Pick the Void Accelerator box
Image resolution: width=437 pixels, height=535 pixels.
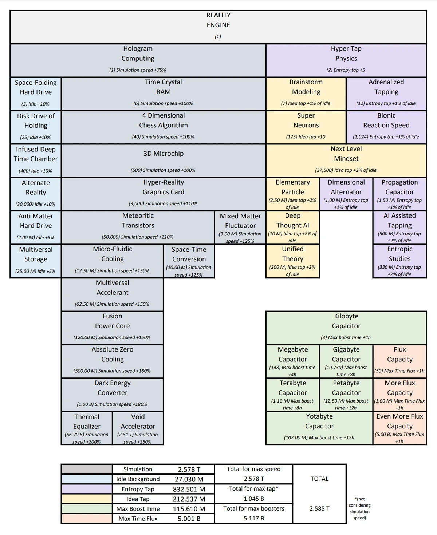click(138, 428)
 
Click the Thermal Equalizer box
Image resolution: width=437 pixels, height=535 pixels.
click(87, 428)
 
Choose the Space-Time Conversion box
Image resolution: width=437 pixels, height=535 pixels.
click(189, 261)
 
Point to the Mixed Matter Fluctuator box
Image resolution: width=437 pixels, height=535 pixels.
click(240, 227)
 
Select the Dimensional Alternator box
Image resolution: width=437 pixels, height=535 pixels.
click(346, 194)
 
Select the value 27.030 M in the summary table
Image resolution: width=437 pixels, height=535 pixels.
click(189, 479)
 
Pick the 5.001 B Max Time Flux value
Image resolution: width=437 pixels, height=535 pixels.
click(189, 519)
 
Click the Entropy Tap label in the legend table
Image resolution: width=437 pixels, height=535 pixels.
click(138, 489)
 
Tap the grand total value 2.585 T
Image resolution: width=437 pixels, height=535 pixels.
click(319, 508)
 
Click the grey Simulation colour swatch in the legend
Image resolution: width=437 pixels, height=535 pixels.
click(87, 469)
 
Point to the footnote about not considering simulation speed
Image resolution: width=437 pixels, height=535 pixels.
click(359, 508)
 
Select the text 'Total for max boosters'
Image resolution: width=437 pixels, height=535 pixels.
click(253, 508)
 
